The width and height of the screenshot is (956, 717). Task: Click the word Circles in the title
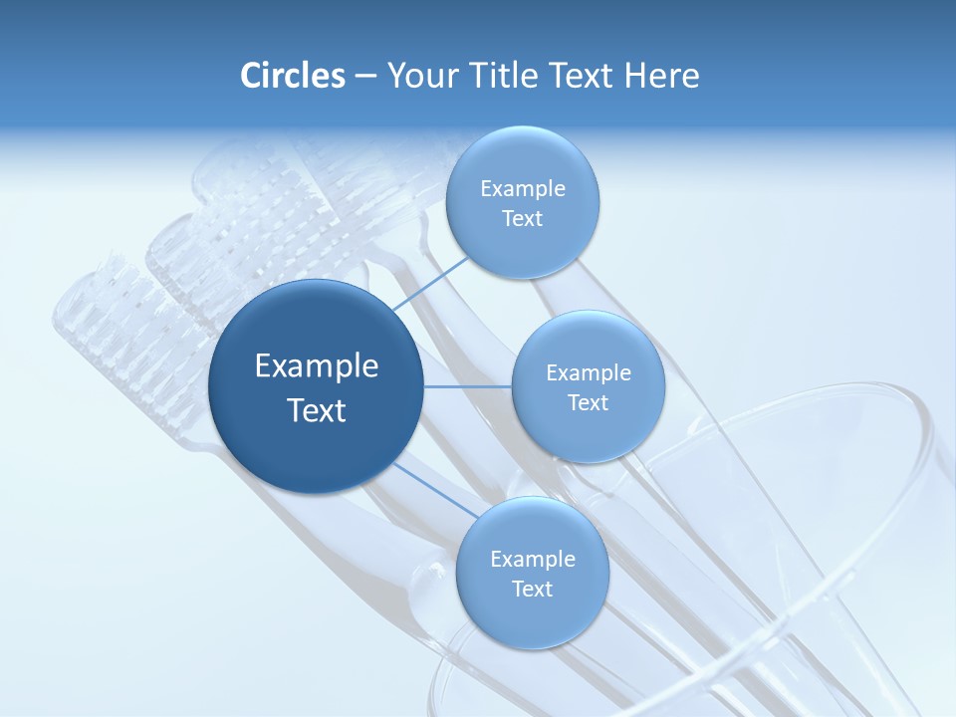[292, 76]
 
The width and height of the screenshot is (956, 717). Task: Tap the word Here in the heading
[662, 76]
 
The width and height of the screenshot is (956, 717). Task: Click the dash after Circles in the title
[365, 77]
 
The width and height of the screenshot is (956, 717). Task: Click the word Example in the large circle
[317, 366]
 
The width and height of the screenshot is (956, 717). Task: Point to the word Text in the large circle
[317, 410]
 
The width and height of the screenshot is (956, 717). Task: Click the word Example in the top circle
[522, 189]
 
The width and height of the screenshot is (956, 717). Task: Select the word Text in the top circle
[522, 219]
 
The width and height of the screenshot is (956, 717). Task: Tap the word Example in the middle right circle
[588, 373]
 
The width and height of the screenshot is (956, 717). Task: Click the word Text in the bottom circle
[532, 590]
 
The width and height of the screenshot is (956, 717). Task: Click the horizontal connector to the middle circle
[468, 386]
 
